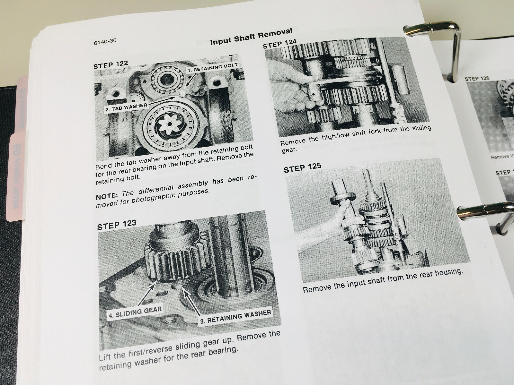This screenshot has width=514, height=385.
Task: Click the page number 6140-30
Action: point(105,41)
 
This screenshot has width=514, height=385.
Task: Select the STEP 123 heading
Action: point(116,225)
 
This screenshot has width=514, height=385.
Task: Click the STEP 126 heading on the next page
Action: point(477,79)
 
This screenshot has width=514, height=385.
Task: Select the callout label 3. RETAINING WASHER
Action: point(235,317)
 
